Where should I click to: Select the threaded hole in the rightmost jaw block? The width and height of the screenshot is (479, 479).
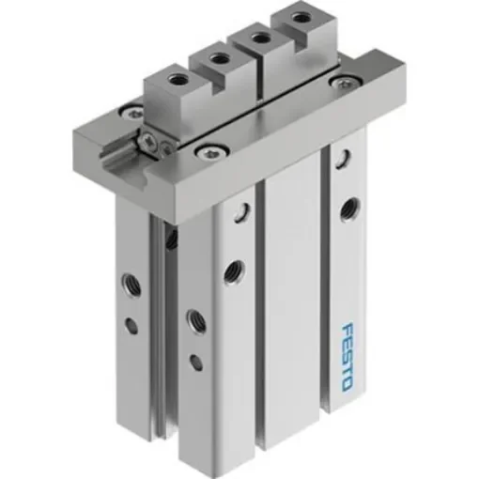[300, 18]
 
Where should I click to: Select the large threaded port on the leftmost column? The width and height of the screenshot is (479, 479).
[127, 282]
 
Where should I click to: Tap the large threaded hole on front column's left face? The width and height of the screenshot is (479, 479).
[196, 318]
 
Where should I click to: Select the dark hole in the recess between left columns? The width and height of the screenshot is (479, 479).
[171, 239]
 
